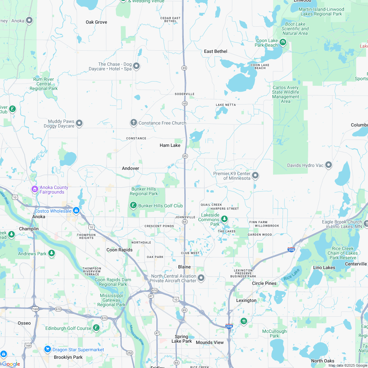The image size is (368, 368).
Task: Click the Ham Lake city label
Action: coord(170,145)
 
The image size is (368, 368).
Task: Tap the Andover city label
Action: coord(130,168)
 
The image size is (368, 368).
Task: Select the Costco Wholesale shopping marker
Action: coord(76,210)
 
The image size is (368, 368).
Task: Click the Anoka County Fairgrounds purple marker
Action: coord(34,189)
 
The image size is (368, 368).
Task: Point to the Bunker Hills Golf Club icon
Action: coord(133,206)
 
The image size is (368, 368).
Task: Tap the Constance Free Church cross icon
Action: coord(133,123)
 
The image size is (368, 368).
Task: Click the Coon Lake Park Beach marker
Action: coord(283,42)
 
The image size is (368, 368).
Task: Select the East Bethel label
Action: coord(216,51)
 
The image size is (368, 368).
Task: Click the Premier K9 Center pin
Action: coord(255,175)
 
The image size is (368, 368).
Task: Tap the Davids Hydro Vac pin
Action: coord(329,165)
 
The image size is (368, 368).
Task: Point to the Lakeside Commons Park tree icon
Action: coord(224,218)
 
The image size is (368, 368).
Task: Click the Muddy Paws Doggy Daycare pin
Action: coord(79,123)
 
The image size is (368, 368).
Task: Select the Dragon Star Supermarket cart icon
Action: coord(48,349)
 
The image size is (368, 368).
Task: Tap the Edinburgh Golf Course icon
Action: coord(96,328)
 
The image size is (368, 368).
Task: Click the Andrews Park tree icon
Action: coord(51,253)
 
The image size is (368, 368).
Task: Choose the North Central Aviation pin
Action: coord(201,278)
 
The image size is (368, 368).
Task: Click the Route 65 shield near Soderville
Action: coord(185,103)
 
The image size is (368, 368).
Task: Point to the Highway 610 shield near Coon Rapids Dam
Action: coord(154,290)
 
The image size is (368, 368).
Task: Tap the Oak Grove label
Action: coord(96,22)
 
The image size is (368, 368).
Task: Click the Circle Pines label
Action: coord(264,283)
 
